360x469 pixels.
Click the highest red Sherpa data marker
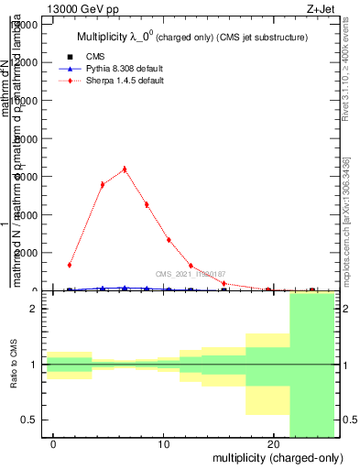click(125, 169)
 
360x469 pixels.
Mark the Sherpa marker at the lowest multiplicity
click(70, 265)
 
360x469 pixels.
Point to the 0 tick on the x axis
click(54, 444)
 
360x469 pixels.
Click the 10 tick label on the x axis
click(163, 444)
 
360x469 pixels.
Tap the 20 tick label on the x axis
click(272, 444)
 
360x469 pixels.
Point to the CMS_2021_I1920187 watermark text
click(191, 274)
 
